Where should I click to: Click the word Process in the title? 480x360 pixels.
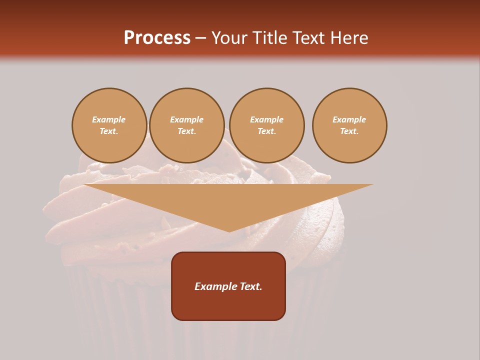click(157, 38)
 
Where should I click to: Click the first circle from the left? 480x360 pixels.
click(109, 125)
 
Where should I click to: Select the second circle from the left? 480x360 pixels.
click(187, 125)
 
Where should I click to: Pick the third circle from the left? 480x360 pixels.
click(267, 125)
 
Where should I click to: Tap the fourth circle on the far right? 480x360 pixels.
click(349, 125)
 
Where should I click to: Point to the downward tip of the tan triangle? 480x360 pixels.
click(229, 231)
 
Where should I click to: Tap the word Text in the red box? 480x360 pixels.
click(251, 286)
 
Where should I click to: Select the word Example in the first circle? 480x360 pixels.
click(109, 120)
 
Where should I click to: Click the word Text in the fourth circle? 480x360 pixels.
click(349, 131)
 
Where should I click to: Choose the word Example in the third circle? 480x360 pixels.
click(267, 120)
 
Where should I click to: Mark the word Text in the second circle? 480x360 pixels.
click(186, 131)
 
